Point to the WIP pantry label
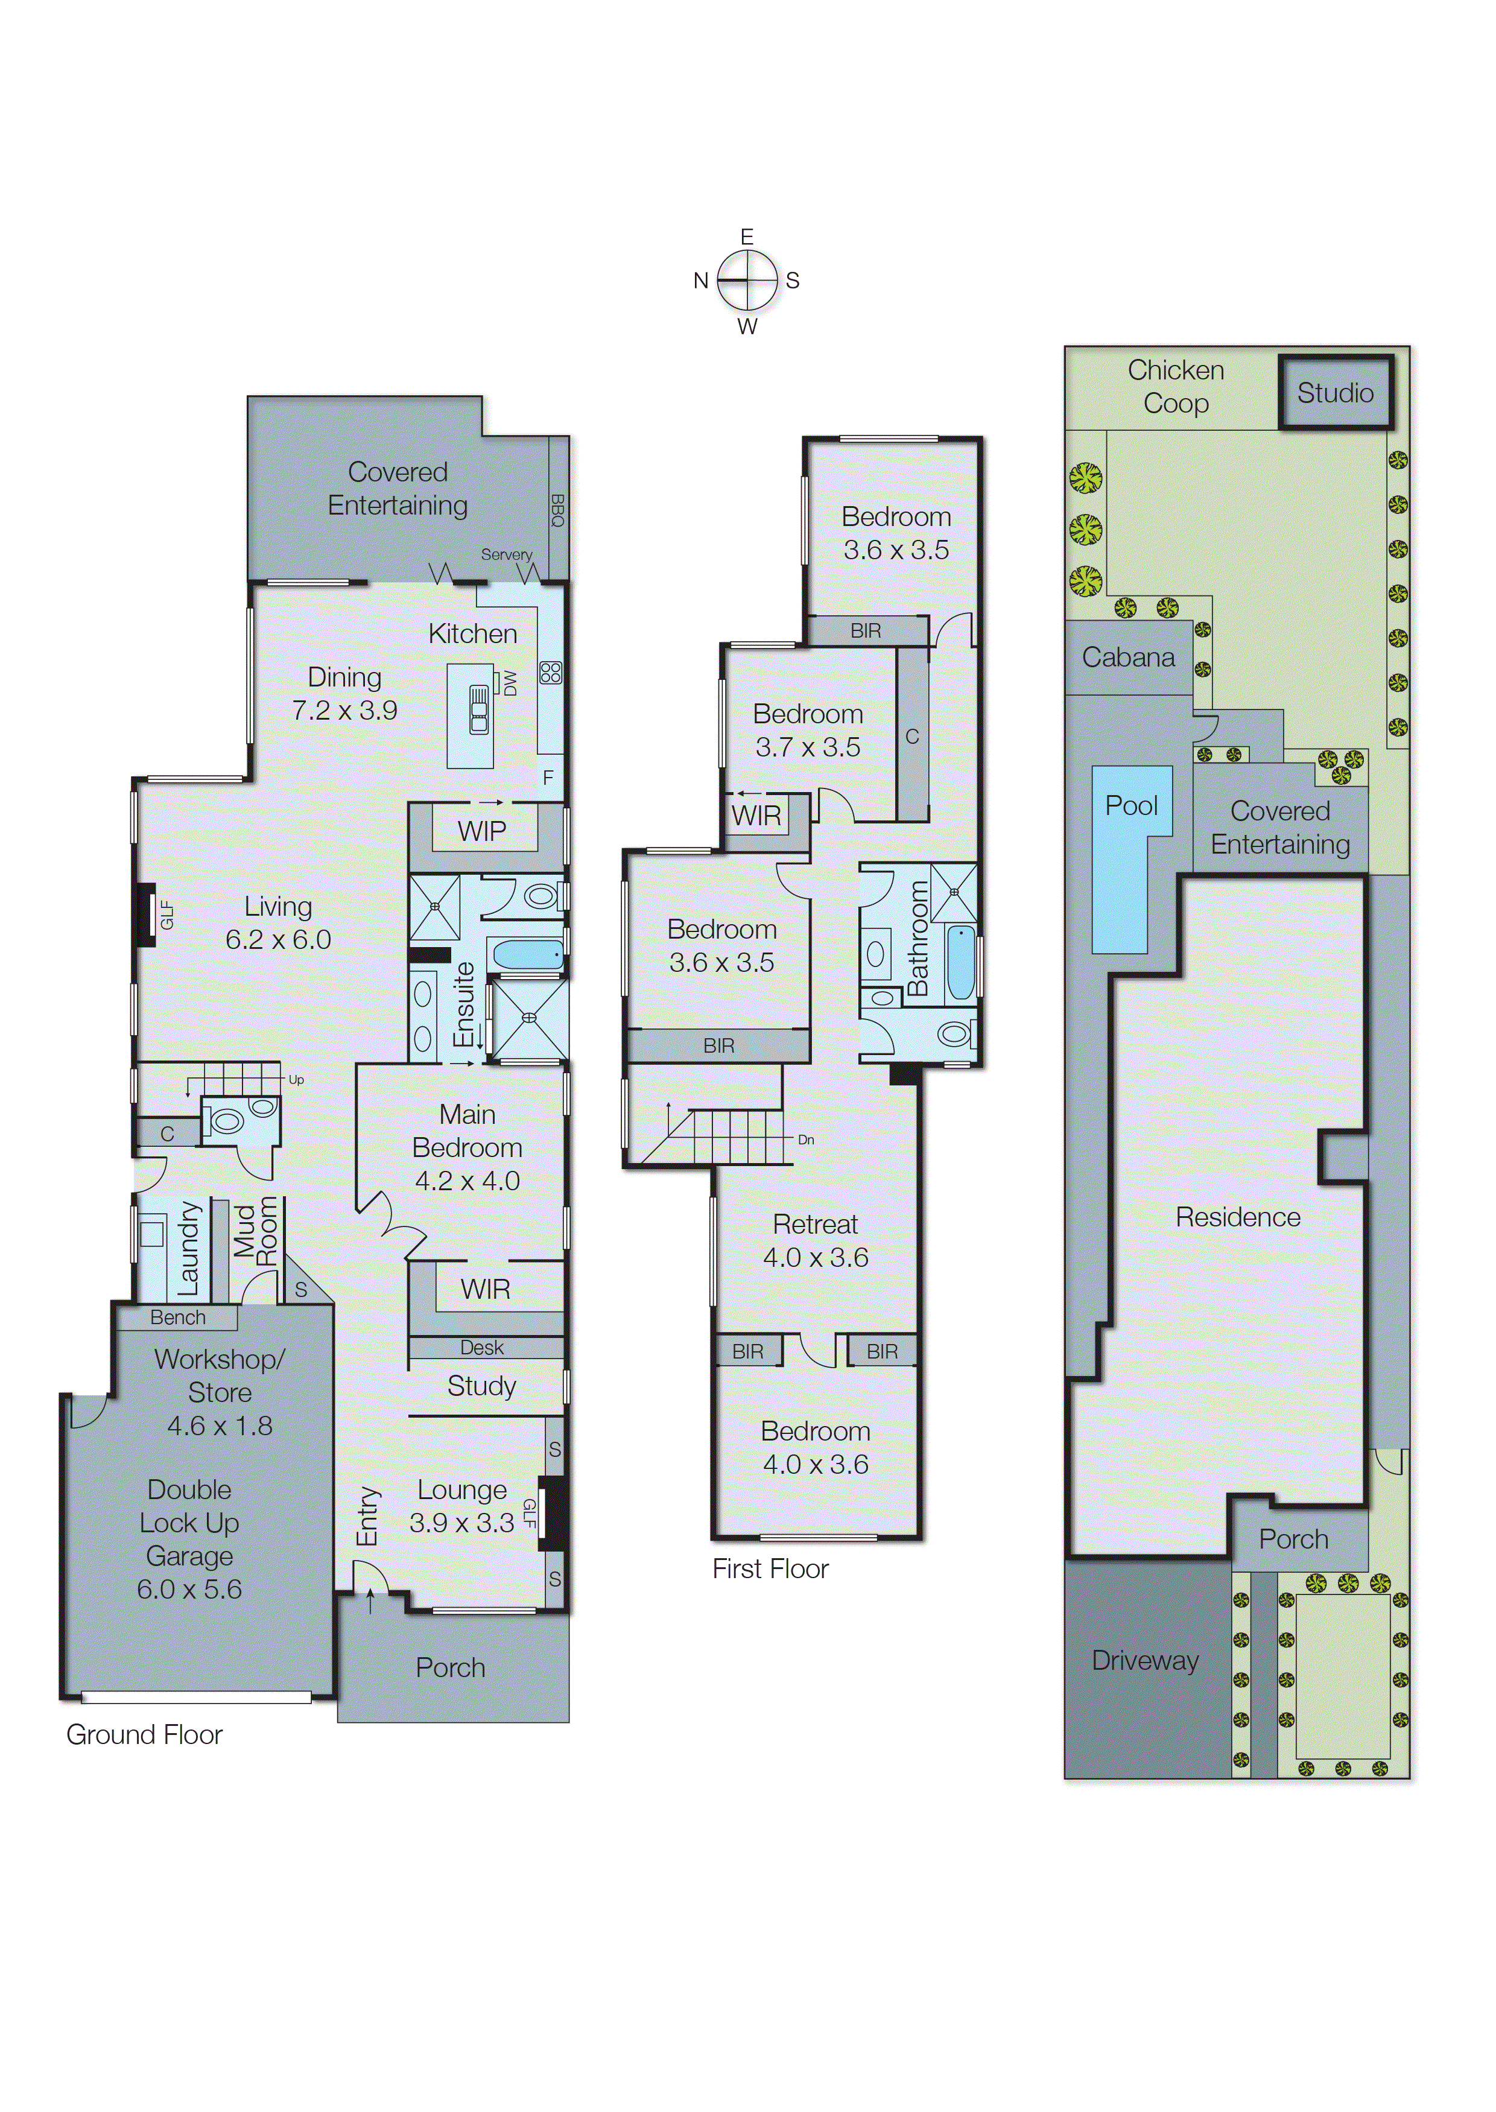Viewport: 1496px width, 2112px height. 482,831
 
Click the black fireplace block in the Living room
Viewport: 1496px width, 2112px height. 145,915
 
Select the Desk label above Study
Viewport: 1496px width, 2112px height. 482,1348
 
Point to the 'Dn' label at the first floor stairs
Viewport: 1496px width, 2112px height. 806,1140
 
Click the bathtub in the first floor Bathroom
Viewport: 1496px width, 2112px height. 960,963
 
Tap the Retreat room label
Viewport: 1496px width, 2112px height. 815,1224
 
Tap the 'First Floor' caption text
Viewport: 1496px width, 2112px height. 770,1568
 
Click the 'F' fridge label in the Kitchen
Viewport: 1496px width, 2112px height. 548,778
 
